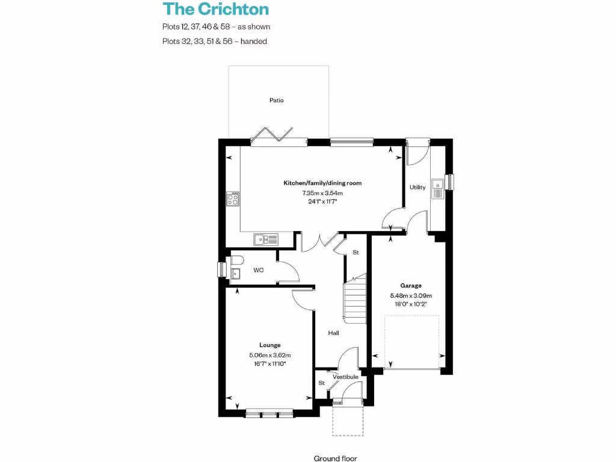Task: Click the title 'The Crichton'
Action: pos(215,9)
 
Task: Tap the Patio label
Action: pos(276,100)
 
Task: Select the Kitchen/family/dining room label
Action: pos(322,183)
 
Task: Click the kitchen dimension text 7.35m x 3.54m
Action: pos(322,193)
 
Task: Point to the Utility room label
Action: pos(417,187)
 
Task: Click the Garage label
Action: pos(411,286)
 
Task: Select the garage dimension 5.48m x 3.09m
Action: pos(411,295)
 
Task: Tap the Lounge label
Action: pos(269,345)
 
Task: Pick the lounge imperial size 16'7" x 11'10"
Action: pos(269,364)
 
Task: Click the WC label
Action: pos(258,271)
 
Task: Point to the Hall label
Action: pos(333,333)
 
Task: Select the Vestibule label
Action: pos(345,377)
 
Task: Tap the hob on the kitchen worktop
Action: pos(233,199)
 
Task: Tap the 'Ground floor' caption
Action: pos(335,458)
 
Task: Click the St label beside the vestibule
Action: pos(322,383)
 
